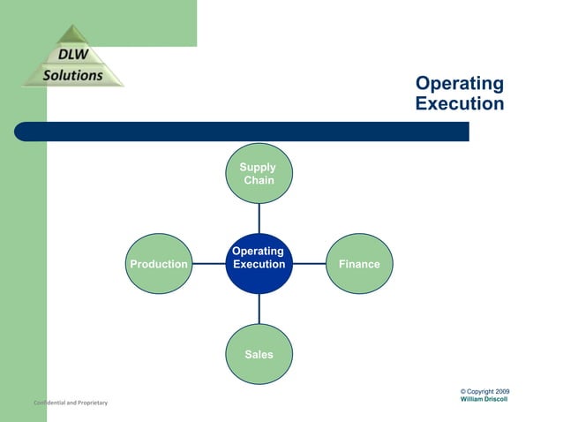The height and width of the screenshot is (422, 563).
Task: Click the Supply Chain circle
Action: click(259, 174)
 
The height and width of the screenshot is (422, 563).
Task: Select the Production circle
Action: click(158, 264)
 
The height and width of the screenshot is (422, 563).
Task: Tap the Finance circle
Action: click(359, 264)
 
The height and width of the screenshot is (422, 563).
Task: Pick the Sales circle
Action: click(259, 354)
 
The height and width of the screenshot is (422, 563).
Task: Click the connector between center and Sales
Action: click(259, 309)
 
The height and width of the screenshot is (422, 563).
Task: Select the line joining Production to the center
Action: click(208, 264)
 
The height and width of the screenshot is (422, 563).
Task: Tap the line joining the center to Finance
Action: click(309, 264)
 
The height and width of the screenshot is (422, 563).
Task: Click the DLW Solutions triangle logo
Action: click(73, 58)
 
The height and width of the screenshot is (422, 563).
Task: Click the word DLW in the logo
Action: click(73, 56)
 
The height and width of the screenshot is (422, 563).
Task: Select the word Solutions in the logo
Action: click(73, 75)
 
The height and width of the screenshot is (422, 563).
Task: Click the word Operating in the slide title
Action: click(459, 84)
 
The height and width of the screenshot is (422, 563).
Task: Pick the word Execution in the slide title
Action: click(459, 103)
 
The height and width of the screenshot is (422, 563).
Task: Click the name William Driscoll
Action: click(484, 399)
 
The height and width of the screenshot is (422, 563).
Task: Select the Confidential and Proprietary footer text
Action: click(71, 403)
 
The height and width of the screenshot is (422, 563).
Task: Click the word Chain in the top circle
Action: click(259, 181)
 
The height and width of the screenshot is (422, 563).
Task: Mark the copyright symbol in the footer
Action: click(463, 391)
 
